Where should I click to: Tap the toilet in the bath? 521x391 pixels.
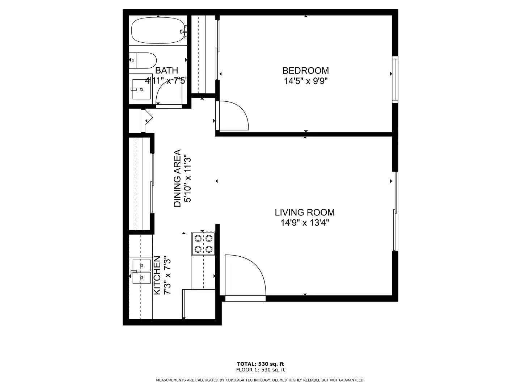[x=143, y=60]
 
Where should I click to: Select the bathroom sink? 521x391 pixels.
[x=141, y=89]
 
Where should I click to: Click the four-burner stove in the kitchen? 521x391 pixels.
[x=203, y=244]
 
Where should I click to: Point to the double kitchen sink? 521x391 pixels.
[x=141, y=272]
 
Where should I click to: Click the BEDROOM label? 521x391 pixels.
[x=305, y=71]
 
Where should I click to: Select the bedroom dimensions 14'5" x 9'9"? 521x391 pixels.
[x=305, y=81]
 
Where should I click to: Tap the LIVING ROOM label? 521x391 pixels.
[x=304, y=213]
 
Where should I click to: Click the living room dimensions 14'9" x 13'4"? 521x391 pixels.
[x=304, y=223]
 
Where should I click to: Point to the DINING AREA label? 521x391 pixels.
[x=177, y=178]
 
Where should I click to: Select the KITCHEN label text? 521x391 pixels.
[x=157, y=275]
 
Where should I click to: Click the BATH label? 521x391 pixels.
[x=166, y=70]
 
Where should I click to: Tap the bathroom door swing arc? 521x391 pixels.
[x=168, y=92]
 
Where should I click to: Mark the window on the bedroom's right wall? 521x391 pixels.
[x=395, y=80]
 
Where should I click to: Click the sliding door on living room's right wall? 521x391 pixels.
[x=395, y=211]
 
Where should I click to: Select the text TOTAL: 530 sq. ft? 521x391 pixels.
[x=260, y=364]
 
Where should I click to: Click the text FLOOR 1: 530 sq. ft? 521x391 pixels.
[x=260, y=370]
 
